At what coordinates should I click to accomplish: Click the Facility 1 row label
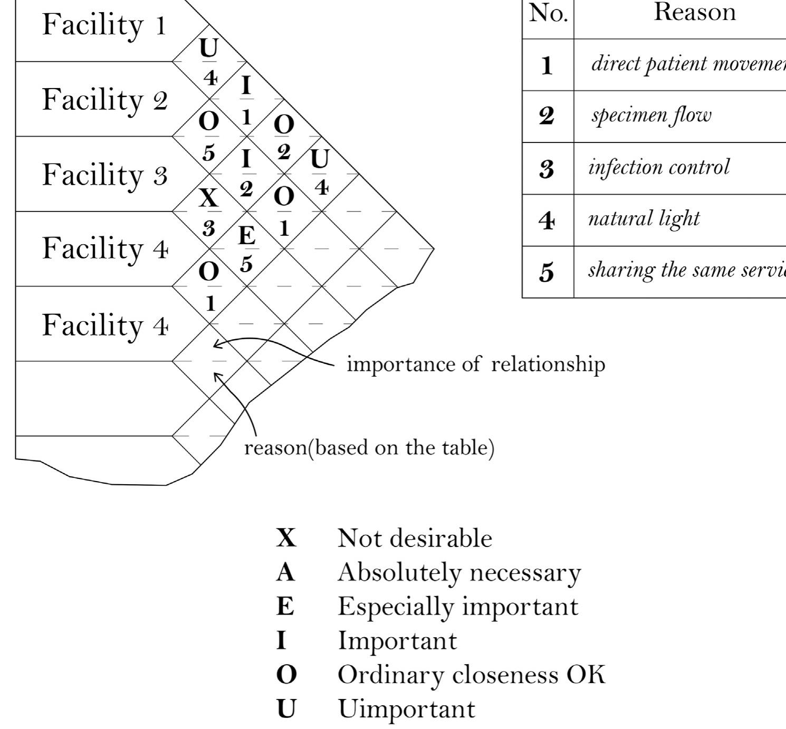pyautogui.click(x=104, y=25)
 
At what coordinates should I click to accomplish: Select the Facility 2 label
pyautogui.click(x=104, y=100)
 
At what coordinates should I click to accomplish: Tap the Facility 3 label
pyautogui.click(x=104, y=175)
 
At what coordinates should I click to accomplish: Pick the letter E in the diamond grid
pyautogui.click(x=246, y=235)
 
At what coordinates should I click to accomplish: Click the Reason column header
pyautogui.click(x=694, y=13)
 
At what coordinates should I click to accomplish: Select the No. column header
pyautogui.click(x=548, y=14)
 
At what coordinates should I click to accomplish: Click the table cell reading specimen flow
pyautogui.click(x=651, y=116)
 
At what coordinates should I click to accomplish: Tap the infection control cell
pyautogui.click(x=659, y=167)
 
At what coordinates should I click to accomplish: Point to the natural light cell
pyautogui.click(x=644, y=218)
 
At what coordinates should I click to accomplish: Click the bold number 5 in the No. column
pyautogui.click(x=547, y=273)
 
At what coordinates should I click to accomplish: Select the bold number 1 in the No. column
pyautogui.click(x=547, y=65)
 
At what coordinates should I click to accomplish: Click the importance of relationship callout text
pyautogui.click(x=475, y=364)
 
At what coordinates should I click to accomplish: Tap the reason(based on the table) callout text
pyautogui.click(x=369, y=448)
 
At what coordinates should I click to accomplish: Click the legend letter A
pyautogui.click(x=285, y=572)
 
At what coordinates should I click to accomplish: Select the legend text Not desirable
pyautogui.click(x=415, y=539)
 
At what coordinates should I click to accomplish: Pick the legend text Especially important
pyautogui.click(x=458, y=607)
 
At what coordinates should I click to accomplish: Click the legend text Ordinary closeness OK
pyautogui.click(x=471, y=675)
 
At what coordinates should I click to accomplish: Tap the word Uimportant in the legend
pyautogui.click(x=406, y=709)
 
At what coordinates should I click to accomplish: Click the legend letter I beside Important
pyautogui.click(x=281, y=641)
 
